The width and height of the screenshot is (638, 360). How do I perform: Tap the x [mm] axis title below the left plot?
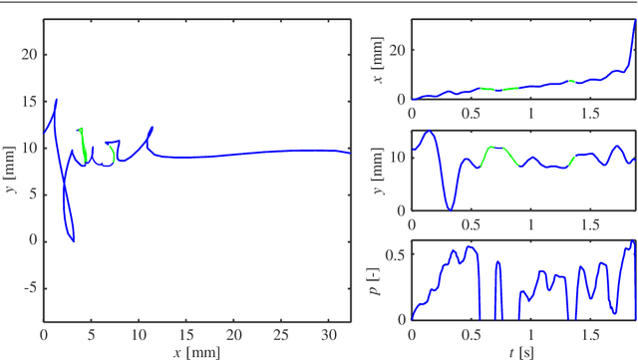[196, 352]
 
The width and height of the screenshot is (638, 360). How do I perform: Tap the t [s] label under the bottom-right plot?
[523, 352]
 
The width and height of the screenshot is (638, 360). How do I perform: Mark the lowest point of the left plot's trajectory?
[74, 241]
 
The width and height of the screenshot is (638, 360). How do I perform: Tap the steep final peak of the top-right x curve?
[634, 24]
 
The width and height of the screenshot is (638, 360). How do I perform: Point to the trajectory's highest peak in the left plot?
[57, 100]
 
